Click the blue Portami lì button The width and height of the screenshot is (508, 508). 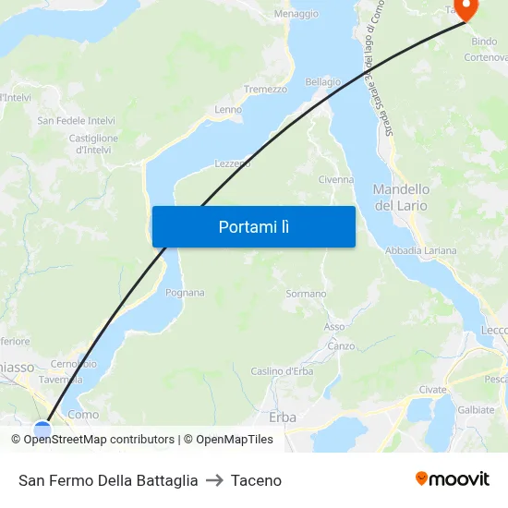point(253,226)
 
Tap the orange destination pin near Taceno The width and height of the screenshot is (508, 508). point(466,9)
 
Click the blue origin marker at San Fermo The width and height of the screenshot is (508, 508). point(42,429)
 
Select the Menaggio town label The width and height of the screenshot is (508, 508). point(296,14)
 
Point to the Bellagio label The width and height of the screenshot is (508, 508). point(322,82)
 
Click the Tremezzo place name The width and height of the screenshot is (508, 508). point(265,90)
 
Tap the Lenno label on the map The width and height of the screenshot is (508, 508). point(228,110)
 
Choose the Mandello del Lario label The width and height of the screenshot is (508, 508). point(401,197)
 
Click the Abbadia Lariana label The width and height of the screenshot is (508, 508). point(420,250)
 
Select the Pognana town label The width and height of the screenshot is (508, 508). point(185,293)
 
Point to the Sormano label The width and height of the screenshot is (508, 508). point(306,294)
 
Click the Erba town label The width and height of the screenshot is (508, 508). point(282,417)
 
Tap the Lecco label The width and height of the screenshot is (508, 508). point(495,330)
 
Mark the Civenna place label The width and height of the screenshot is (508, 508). point(335,180)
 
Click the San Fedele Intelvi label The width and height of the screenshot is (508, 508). point(76,121)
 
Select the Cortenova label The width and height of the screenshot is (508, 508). point(486,57)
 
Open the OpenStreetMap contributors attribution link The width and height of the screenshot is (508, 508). point(99,440)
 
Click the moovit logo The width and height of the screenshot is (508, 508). point(453,478)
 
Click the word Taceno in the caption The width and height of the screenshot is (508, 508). point(256,480)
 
